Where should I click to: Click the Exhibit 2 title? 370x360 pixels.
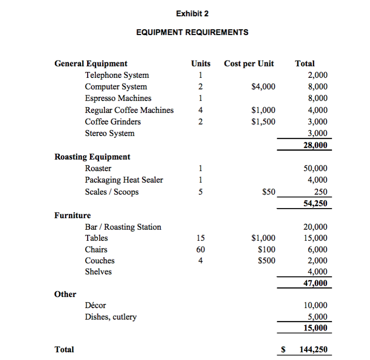tap(192, 14)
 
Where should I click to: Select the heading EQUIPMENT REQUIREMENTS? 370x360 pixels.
tap(192, 33)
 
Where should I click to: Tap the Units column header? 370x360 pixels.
tap(201, 63)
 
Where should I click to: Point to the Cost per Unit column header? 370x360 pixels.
tap(249, 63)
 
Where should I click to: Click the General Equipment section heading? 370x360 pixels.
tap(91, 63)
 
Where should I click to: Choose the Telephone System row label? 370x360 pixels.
tap(117, 75)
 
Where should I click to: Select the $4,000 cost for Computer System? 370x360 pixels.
tap(264, 87)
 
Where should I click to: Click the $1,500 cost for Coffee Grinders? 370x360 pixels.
tap(264, 122)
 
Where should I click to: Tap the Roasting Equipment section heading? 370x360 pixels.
tap(92, 157)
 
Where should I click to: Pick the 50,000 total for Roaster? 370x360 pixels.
tap(315, 168)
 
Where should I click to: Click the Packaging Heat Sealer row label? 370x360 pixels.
tap(124, 180)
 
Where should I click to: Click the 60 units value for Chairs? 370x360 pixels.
tap(201, 249)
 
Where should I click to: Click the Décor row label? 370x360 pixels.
tap(95, 305)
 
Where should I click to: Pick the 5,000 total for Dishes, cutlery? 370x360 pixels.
tap(318, 317)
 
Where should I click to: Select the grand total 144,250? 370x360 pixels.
tap(313, 349)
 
